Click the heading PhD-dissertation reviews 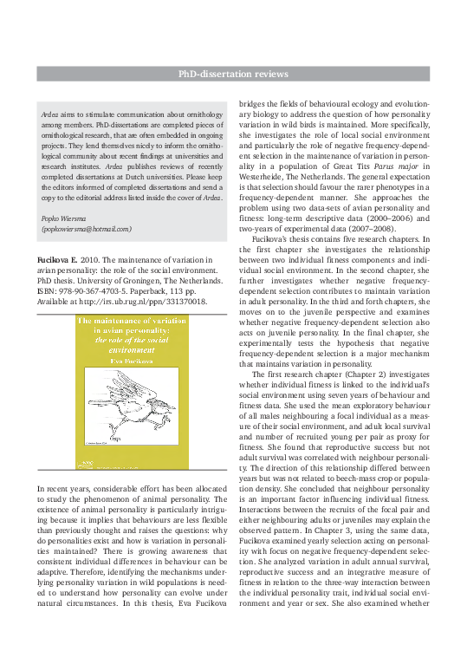233,75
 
